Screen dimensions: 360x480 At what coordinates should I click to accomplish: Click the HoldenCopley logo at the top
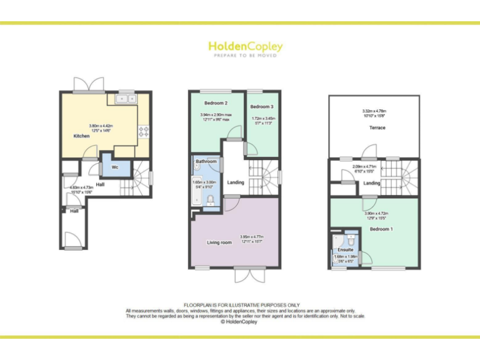245,47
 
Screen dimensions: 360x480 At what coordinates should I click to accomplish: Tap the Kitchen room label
82,136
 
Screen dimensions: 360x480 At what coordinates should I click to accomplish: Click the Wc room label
116,167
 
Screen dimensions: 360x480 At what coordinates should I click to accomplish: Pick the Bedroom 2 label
216,102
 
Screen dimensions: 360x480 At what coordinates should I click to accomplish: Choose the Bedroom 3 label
262,107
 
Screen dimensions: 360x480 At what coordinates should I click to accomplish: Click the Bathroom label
206,162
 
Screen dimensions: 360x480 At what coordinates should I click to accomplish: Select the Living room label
219,242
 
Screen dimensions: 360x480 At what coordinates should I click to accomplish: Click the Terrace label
376,127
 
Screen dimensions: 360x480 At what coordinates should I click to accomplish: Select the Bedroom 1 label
381,229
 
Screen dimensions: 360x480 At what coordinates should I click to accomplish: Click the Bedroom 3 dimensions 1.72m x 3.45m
262,121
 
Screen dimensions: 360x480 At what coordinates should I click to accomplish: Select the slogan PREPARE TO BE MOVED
245,56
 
